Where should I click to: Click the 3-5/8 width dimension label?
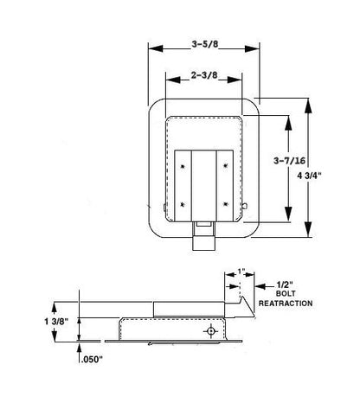coord(205,44)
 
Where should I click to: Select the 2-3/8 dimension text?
coord(204,75)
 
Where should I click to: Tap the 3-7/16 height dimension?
coord(289,161)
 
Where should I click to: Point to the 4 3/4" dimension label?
coord(309,176)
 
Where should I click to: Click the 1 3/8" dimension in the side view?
coord(56,321)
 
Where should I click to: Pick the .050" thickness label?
coord(93,360)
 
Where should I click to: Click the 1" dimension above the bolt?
coord(241,271)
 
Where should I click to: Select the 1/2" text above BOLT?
coord(285,285)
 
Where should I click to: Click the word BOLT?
coord(286,294)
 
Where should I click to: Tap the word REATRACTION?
coord(286,304)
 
